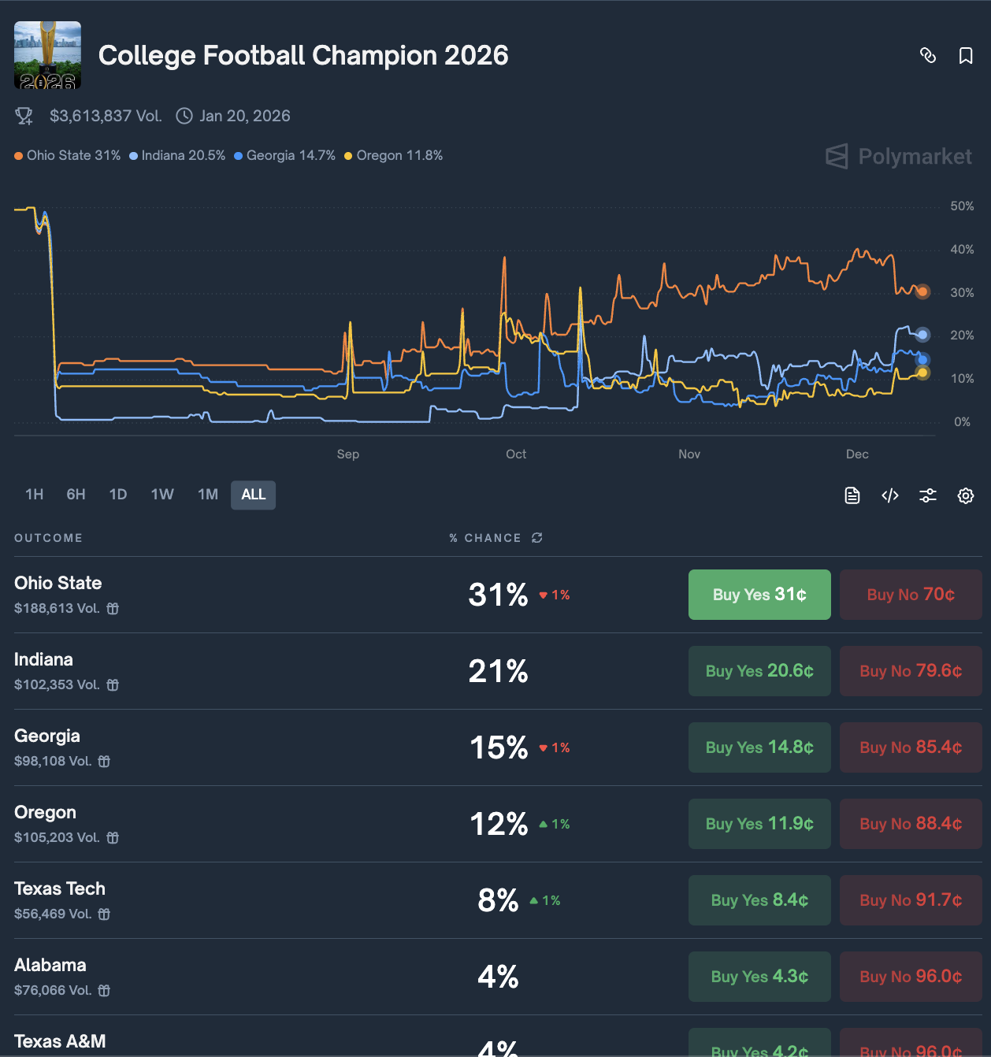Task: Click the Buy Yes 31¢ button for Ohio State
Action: tap(759, 595)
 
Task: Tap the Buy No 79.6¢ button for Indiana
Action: tap(911, 671)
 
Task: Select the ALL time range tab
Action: tap(253, 495)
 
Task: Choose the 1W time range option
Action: tap(162, 495)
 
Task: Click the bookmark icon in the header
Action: tap(966, 56)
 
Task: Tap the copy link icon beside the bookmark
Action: tap(928, 56)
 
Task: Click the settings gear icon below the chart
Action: tap(966, 495)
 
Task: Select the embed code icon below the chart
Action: tap(890, 495)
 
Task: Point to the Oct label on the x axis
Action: tap(516, 454)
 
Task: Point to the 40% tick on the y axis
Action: tap(962, 250)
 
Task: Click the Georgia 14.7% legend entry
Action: tap(285, 156)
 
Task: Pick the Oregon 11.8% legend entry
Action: tap(394, 156)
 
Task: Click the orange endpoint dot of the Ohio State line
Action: tap(922, 291)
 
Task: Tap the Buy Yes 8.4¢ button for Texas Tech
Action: tap(759, 900)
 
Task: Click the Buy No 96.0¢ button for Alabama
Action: tap(911, 977)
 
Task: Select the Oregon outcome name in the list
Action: tap(46, 812)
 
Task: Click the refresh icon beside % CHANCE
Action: tap(537, 538)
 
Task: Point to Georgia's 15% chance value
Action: tap(499, 747)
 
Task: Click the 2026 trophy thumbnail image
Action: tap(48, 55)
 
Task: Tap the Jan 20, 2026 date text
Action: tap(245, 117)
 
